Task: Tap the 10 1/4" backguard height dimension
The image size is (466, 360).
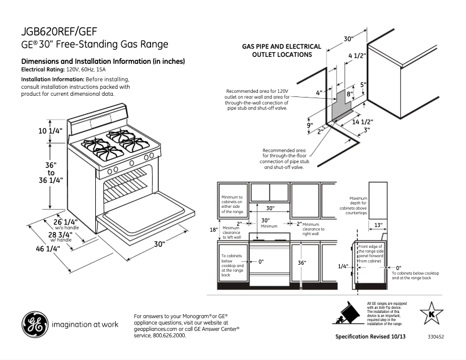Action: coord(51,131)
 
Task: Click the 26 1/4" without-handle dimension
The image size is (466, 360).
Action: coord(65,222)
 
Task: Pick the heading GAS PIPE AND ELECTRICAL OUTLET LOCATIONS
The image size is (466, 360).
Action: coord(282,51)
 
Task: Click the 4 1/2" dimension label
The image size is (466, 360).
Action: coord(357,56)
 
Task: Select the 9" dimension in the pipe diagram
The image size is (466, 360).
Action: coord(310,125)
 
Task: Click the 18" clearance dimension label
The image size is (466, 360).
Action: coord(213,229)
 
